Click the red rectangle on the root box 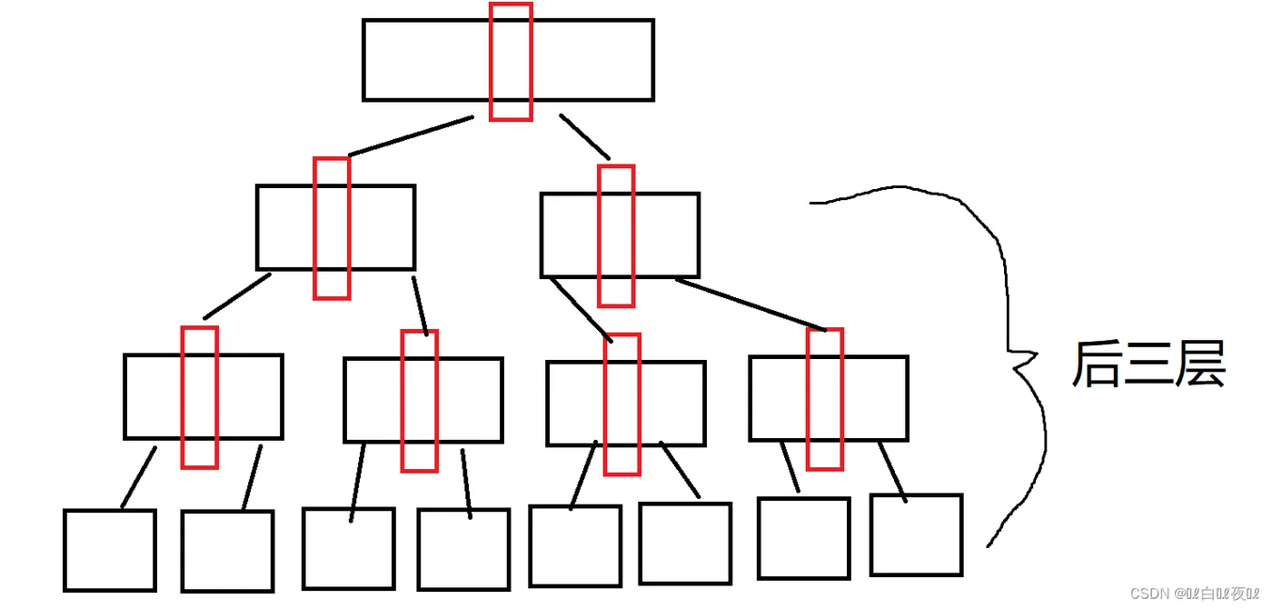pos(511,61)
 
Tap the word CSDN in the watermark pos(1148,593)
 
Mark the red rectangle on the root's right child pos(616,235)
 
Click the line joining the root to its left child pos(411,136)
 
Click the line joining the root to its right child pos(584,136)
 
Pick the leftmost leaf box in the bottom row pos(110,550)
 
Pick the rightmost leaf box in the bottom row pos(916,534)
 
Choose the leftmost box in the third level pos(154,396)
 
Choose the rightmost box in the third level pos(872,398)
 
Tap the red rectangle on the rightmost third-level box pos(825,399)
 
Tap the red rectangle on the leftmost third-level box pos(199,396)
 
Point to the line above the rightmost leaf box pos(892,471)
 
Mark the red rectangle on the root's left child pos(332,228)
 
